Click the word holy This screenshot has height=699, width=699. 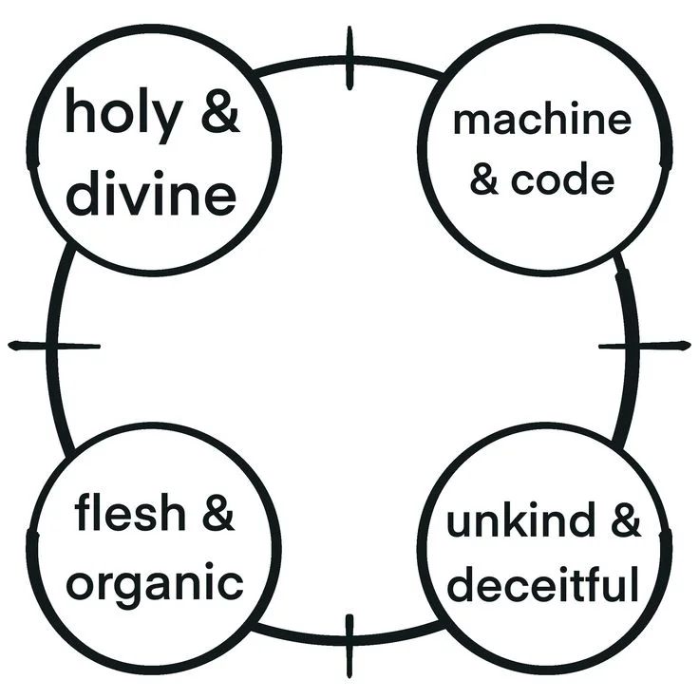click(124, 115)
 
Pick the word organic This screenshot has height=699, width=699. click(155, 583)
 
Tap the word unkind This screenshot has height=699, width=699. click(520, 519)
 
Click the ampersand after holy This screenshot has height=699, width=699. click(220, 111)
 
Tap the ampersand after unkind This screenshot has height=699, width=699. click(626, 520)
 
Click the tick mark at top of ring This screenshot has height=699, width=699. click(349, 58)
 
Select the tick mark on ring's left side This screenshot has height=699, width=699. click(54, 346)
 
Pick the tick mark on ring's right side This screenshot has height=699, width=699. click(645, 346)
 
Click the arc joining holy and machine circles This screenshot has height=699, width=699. click(349, 62)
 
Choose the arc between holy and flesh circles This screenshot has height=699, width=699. click(52, 348)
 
